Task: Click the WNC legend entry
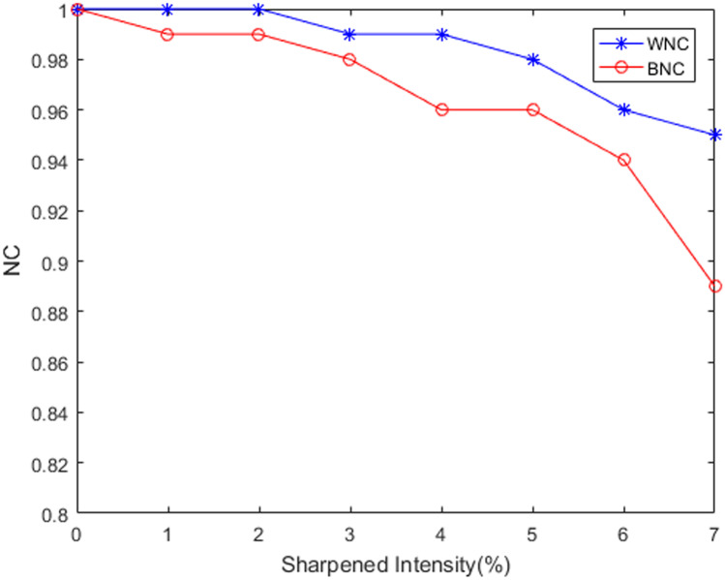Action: (x=643, y=41)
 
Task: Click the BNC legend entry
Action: (x=643, y=67)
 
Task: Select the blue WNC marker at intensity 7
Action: (x=715, y=135)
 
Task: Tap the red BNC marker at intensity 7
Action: (x=715, y=286)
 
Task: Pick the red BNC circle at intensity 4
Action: (x=441, y=109)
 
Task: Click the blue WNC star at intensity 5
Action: (x=532, y=59)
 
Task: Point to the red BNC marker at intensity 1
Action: (x=167, y=34)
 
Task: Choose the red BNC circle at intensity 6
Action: (x=623, y=160)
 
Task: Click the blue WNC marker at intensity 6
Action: (x=623, y=109)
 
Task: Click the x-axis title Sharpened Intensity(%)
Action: (x=396, y=563)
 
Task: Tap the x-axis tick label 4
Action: (x=441, y=534)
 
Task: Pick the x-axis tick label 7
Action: (x=714, y=534)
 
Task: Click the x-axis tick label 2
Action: (x=258, y=534)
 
